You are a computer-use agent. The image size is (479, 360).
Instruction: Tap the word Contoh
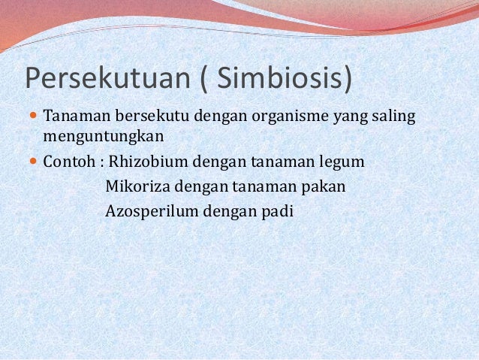point(68,162)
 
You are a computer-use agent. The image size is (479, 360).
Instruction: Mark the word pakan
point(324,186)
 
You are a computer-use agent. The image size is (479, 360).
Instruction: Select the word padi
point(279,210)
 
